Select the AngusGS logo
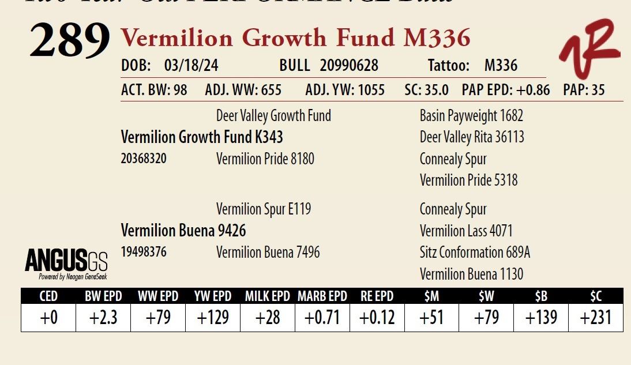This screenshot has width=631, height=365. pyautogui.click(x=66, y=264)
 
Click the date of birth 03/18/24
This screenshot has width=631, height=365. pyautogui.click(x=191, y=66)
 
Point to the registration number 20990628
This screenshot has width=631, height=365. pyautogui.click(x=349, y=66)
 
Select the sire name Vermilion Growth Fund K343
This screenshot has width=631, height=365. pyautogui.click(x=202, y=137)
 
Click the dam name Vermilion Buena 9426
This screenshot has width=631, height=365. pyautogui.click(x=183, y=231)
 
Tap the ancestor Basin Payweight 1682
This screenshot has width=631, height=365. pyautogui.click(x=471, y=116)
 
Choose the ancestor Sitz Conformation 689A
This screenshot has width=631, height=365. pyautogui.click(x=475, y=253)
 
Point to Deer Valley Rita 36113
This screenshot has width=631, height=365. pyautogui.click(x=472, y=137)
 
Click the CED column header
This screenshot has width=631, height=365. pyautogui.click(x=48, y=296)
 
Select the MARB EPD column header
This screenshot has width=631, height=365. pyautogui.click(x=322, y=296)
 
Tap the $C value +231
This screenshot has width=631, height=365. pyautogui.click(x=595, y=318)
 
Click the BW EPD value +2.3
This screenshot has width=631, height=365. pyautogui.click(x=103, y=318)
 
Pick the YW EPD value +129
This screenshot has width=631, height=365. pyautogui.click(x=213, y=318)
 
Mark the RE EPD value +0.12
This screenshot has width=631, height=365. pyautogui.click(x=377, y=318)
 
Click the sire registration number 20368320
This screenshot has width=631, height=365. pyautogui.click(x=144, y=159)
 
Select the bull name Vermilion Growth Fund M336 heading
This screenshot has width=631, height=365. pyautogui.click(x=295, y=38)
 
